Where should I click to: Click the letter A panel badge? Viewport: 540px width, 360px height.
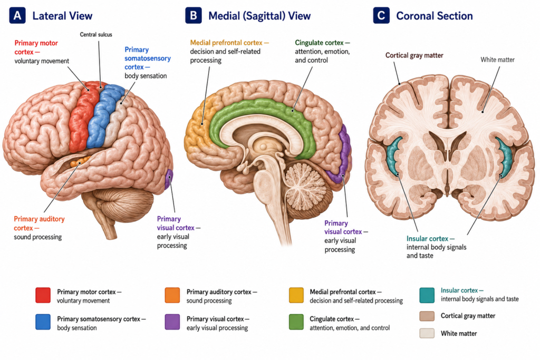coord(17,16)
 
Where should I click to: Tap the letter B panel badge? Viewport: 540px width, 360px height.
coord(193,16)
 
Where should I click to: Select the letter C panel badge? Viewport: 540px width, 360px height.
coord(381,16)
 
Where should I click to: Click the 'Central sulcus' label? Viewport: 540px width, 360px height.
coord(96,34)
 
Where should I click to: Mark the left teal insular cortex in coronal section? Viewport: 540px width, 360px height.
coord(392,155)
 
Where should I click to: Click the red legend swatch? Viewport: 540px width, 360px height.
coord(43,295)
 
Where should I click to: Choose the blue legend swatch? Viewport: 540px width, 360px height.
coord(43,322)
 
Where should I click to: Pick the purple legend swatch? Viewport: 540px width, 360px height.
coord(172,322)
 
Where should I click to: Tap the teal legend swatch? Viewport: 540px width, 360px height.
coord(427,295)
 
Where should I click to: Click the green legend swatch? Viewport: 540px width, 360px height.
coord(296,322)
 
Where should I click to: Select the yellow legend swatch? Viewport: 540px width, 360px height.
coord(296,295)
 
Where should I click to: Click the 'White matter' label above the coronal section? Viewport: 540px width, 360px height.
coord(498,60)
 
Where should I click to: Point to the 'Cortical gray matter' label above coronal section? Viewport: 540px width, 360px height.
coord(414,55)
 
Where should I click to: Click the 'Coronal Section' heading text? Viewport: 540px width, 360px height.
coord(435,16)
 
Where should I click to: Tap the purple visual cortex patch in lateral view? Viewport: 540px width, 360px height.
coord(168,179)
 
